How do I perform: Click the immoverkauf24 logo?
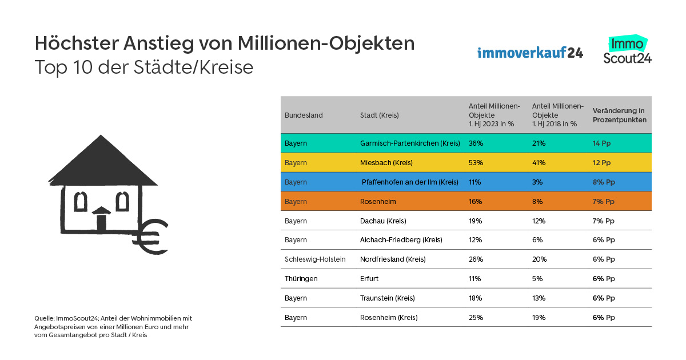click(530, 53)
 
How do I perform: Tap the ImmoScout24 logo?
click(627, 50)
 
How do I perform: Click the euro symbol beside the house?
click(154, 236)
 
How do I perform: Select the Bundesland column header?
click(304, 115)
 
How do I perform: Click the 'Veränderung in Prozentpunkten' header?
click(620, 115)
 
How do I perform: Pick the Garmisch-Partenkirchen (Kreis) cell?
click(410, 143)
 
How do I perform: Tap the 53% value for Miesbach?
click(476, 163)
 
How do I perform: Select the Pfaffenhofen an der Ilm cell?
click(410, 182)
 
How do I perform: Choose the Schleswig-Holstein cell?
click(315, 259)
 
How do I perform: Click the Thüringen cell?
click(301, 279)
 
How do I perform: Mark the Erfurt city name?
click(369, 279)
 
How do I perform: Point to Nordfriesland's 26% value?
click(476, 259)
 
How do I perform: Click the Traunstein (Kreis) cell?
click(387, 298)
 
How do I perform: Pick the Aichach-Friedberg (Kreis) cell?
click(401, 240)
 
